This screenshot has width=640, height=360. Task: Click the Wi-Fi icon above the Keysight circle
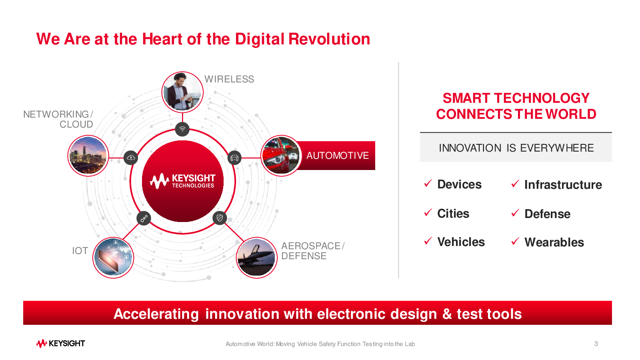pos(182,129)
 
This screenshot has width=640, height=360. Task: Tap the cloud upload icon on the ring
pos(131,158)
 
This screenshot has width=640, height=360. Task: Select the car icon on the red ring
pos(234,158)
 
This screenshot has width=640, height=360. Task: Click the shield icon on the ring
pos(220,218)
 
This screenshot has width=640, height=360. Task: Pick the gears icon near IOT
pos(144,218)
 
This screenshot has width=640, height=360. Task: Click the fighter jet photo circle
pos(256,258)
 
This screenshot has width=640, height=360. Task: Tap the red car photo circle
pos(281,156)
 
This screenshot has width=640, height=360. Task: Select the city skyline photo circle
pos(88,156)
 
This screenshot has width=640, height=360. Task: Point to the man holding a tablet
pos(182,92)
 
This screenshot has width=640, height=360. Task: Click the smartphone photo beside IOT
pos(113,258)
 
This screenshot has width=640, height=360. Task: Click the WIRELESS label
pos(229,79)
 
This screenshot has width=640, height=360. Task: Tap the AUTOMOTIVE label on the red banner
pos(338,156)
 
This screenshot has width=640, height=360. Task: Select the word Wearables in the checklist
pos(554,242)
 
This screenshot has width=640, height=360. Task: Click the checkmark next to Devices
pos(428,184)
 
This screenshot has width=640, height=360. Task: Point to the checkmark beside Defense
pos(515,213)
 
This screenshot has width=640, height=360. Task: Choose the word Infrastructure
pos(563,184)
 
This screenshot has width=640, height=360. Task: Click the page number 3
pos(596,344)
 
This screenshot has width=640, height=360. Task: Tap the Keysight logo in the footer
pos(60,344)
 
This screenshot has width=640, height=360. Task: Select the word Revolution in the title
pos(329,39)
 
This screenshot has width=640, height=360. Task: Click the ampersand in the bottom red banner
pos(447,314)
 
